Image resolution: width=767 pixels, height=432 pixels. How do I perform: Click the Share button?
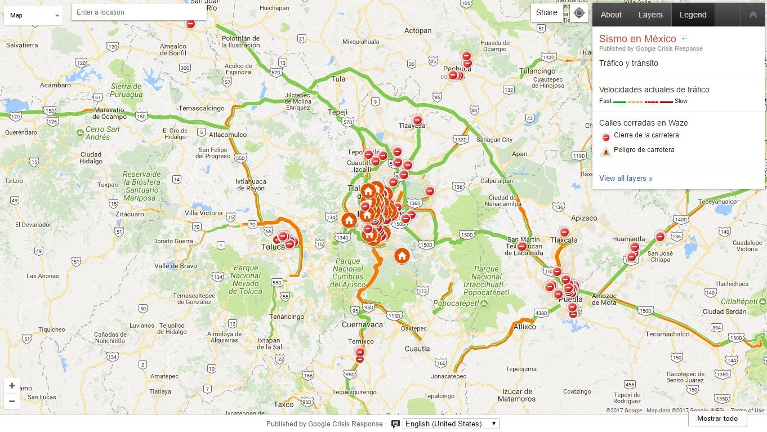[x=546, y=13]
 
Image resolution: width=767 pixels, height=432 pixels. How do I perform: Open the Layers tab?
[x=650, y=15]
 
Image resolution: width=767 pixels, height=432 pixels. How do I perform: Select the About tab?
[x=611, y=15]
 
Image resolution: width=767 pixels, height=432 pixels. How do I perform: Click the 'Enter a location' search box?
[x=139, y=12]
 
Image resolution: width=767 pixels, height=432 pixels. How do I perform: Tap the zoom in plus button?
[x=12, y=386]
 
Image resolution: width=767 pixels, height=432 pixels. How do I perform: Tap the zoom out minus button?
[x=12, y=402]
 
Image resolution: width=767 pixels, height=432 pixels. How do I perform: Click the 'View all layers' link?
[x=626, y=179]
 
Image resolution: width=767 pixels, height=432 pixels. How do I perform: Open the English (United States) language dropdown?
[x=451, y=424]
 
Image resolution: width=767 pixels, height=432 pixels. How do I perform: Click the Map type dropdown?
[x=34, y=15]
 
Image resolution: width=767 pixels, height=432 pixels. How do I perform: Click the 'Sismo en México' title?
[x=637, y=39]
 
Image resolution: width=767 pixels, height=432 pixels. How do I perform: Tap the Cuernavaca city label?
[x=362, y=325]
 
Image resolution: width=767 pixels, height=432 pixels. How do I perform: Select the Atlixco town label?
[x=525, y=327]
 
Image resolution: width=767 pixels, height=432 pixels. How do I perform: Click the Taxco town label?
[x=284, y=404]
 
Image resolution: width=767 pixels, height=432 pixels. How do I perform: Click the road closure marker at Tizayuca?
[x=417, y=121]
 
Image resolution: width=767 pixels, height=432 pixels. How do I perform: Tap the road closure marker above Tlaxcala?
[x=564, y=232]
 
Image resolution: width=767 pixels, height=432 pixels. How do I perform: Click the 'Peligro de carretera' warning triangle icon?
[x=606, y=151]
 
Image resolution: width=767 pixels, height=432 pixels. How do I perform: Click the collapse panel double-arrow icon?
[x=753, y=15]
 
